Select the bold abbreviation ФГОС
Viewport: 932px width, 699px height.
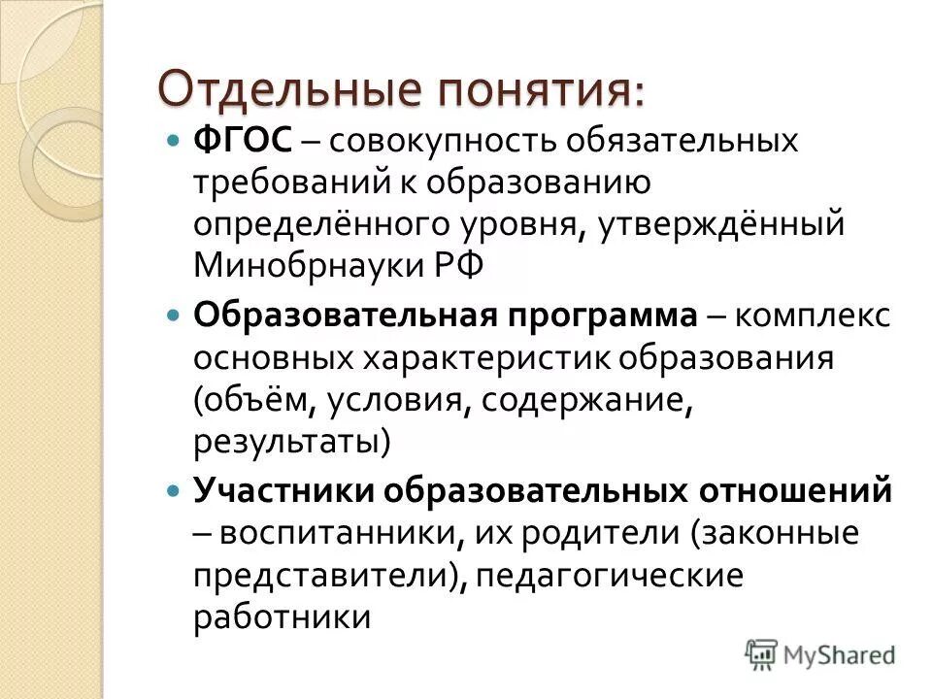243,141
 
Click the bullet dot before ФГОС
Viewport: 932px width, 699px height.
174,141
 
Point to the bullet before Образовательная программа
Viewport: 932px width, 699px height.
174,316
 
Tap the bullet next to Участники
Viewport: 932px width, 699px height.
174,490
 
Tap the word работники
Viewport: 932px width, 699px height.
282,618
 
